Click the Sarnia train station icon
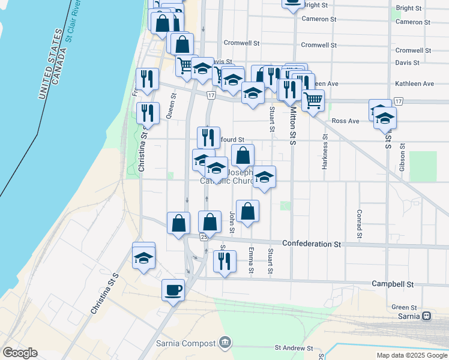(427, 316)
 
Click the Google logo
(20, 353)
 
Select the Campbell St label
(393, 283)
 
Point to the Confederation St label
(311, 244)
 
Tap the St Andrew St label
(295, 347)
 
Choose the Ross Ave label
(345, 121)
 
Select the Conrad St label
(358, 223)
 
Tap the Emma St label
(251, 260)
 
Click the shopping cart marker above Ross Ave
(313, 101)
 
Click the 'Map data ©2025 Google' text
(411, 355)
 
